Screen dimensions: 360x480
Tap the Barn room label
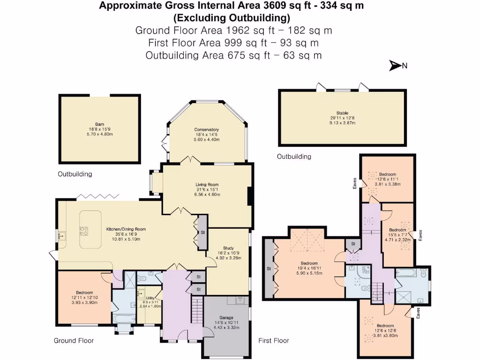point(99,129)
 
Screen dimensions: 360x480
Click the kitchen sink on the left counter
point(61,236)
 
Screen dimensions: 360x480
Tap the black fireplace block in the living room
point(250,196)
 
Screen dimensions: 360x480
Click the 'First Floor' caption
point(274,341)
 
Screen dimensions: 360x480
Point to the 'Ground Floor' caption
point(74,341)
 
